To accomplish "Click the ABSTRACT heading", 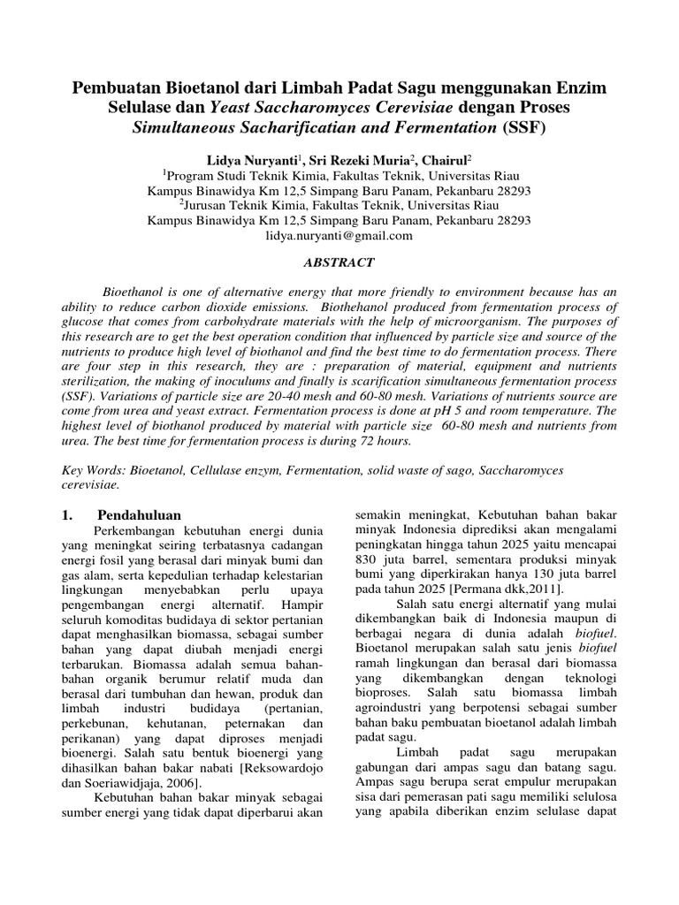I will click(339, 262).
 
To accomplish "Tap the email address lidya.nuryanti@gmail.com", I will click(339, 236).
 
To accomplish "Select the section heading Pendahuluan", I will click(139, 513).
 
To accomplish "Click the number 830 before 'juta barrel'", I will click(366, 558).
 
